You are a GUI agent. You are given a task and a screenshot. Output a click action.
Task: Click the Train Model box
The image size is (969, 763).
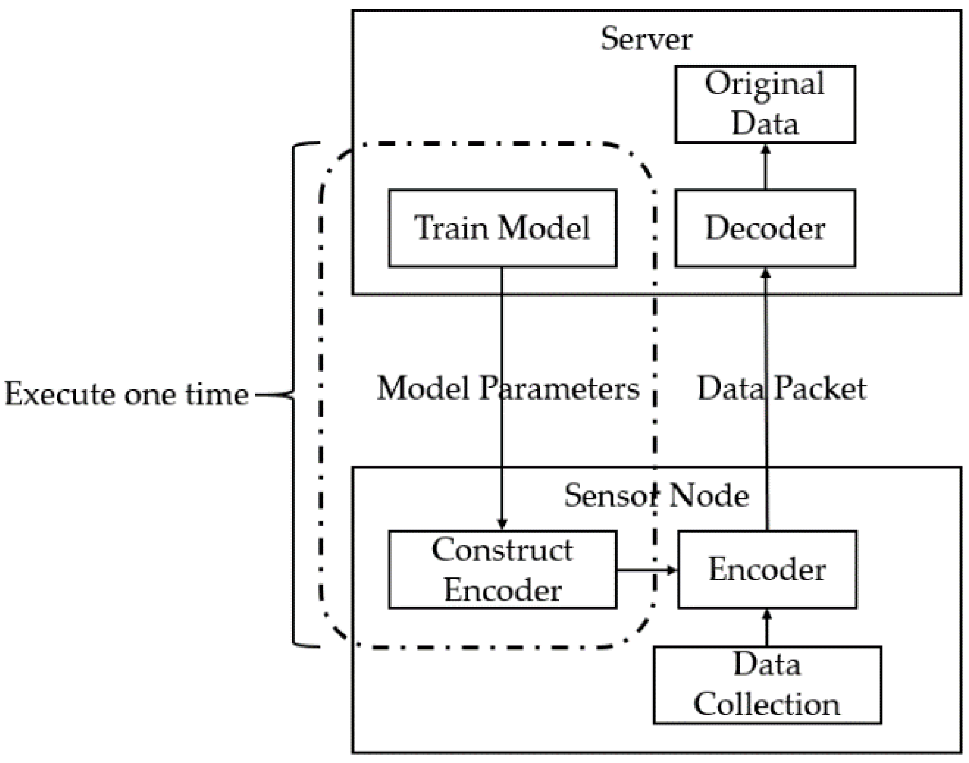(503, 228)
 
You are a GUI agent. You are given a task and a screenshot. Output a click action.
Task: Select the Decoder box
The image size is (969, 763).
(765, 228)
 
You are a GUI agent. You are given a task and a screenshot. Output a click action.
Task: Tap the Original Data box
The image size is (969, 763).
(765, 104)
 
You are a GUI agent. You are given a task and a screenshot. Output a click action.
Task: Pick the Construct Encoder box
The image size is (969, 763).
(503, 569)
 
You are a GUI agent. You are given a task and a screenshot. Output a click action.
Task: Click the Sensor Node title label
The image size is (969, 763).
(656, 496)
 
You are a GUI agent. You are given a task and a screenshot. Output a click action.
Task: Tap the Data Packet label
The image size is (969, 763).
(782, 388)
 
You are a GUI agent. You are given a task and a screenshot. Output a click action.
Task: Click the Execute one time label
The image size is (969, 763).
(127, 394)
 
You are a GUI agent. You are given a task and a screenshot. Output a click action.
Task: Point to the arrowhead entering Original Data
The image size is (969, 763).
(766, 149)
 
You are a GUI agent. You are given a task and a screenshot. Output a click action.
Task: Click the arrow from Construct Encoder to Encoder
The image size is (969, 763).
(647, 570)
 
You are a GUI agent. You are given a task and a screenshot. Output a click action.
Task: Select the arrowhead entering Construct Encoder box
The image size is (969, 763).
(502, 525)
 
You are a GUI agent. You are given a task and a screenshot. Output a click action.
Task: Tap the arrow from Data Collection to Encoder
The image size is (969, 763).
(767, 628)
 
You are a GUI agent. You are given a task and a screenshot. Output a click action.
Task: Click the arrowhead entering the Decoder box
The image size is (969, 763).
(766, 273)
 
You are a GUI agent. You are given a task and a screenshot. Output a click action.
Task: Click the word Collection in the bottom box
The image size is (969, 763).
(767, 705)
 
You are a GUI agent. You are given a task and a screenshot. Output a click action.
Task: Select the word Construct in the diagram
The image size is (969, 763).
(502, 550)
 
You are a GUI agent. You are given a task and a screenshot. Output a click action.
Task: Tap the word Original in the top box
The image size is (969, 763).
(765, 84)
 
